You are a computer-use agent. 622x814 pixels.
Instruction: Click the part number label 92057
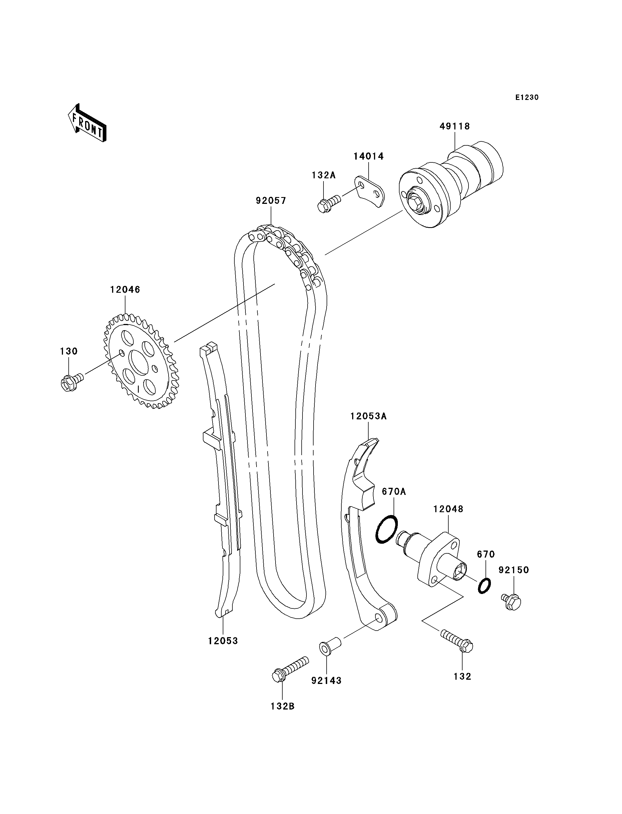click(271, 201)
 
